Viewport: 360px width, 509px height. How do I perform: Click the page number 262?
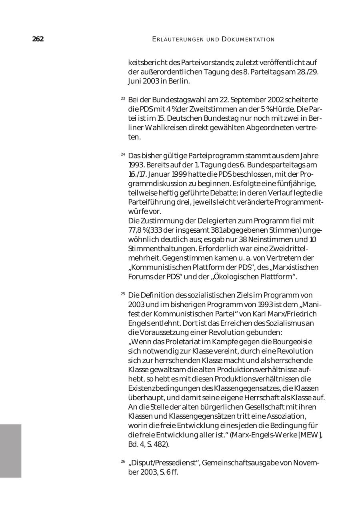click(x=38, y=39)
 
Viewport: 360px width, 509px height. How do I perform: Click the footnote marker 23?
click(x=123, y=98)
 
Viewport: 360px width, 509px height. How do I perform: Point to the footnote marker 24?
click(x=123, y=154)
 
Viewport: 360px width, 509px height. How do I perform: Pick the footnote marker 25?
click(x=123, y=294)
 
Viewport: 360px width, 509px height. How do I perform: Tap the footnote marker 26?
click(x=123, y=461)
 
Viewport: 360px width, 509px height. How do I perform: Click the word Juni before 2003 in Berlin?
click(x=135, y=81)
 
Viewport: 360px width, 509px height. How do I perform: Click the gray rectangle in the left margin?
click(x=10, y=451)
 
